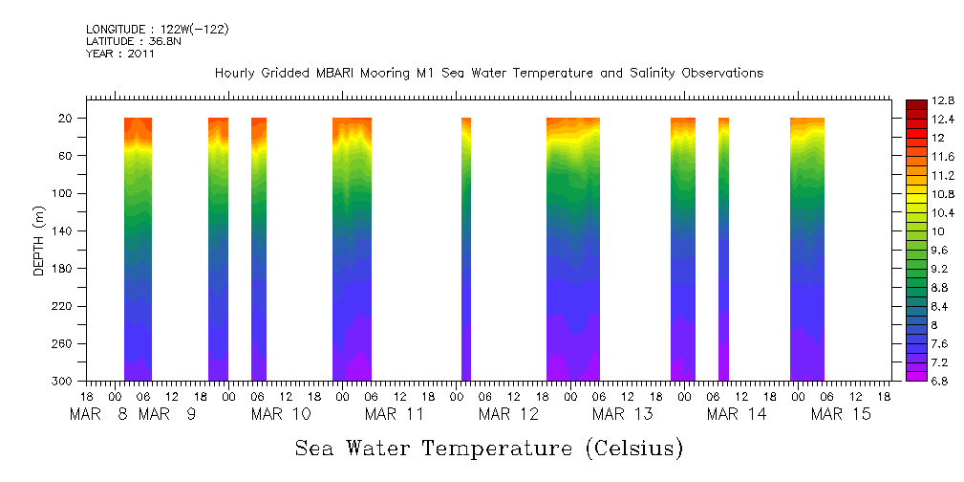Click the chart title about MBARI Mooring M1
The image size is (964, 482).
tap(488, 74)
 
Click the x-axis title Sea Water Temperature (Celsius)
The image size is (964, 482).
tap(488, 448)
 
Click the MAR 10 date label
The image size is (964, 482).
tap(282, 414)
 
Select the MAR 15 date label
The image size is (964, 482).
tap(842, 414)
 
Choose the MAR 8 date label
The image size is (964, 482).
tap(99, 414)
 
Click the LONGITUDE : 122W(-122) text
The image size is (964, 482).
tap(158, 30)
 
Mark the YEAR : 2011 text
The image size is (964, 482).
tap(120, 55)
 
